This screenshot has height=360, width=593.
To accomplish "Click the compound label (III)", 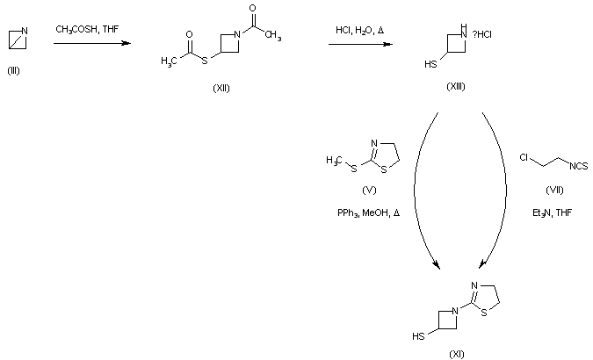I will (x=13, y=71).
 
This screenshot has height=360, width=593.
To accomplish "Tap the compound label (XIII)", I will (x=457, y=84).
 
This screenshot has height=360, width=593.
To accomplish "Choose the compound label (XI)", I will (x=457, y=353).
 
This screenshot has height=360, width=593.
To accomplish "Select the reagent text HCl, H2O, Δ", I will (x=359, y=30).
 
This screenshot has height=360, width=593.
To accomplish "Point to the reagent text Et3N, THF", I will (x=553, y=212).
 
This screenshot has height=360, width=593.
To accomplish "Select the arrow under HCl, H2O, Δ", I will (x=360, y=43).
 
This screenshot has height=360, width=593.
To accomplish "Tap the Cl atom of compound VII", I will (x=524, y=158).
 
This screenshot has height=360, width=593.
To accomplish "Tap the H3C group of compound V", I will (x=333, y=159).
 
